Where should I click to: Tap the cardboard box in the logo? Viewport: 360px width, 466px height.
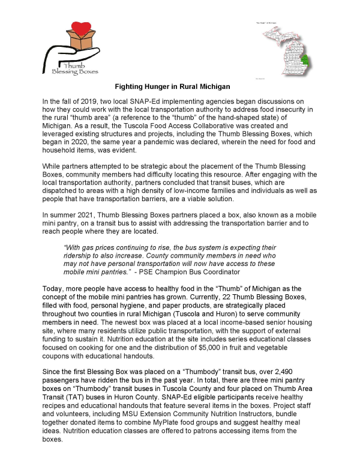tap(70, 46)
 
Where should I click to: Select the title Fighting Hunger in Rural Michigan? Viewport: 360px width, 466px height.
tap(180, 86)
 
